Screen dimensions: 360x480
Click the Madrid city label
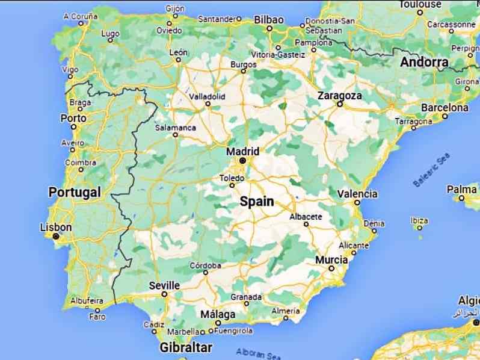(x=242, y=151)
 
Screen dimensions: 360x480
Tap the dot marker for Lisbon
(x=56, y=237)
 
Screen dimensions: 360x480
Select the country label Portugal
(x=74, y=193)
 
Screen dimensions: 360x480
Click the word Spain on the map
(x=257, y=202)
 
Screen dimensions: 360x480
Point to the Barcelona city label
(x=445, y=107)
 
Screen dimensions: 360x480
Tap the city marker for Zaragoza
(x=340, y=104)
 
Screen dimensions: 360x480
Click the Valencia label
(x=357, y=194)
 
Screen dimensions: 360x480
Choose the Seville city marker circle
(x=164, y=294)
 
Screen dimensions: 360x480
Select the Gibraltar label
(x=186, y=347)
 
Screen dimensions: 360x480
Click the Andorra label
(x=424, y=62)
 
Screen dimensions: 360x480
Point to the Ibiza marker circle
(x=419, y=228)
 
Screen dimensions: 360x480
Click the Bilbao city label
(x=268, y=20)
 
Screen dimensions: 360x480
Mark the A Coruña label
(x=80, y=16)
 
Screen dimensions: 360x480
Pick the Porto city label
(x=73, y=118)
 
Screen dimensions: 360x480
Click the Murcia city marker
(x=331, y=268)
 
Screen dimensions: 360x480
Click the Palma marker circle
(x=461, y=197)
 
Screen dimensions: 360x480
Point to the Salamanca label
(x=176, y=128)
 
